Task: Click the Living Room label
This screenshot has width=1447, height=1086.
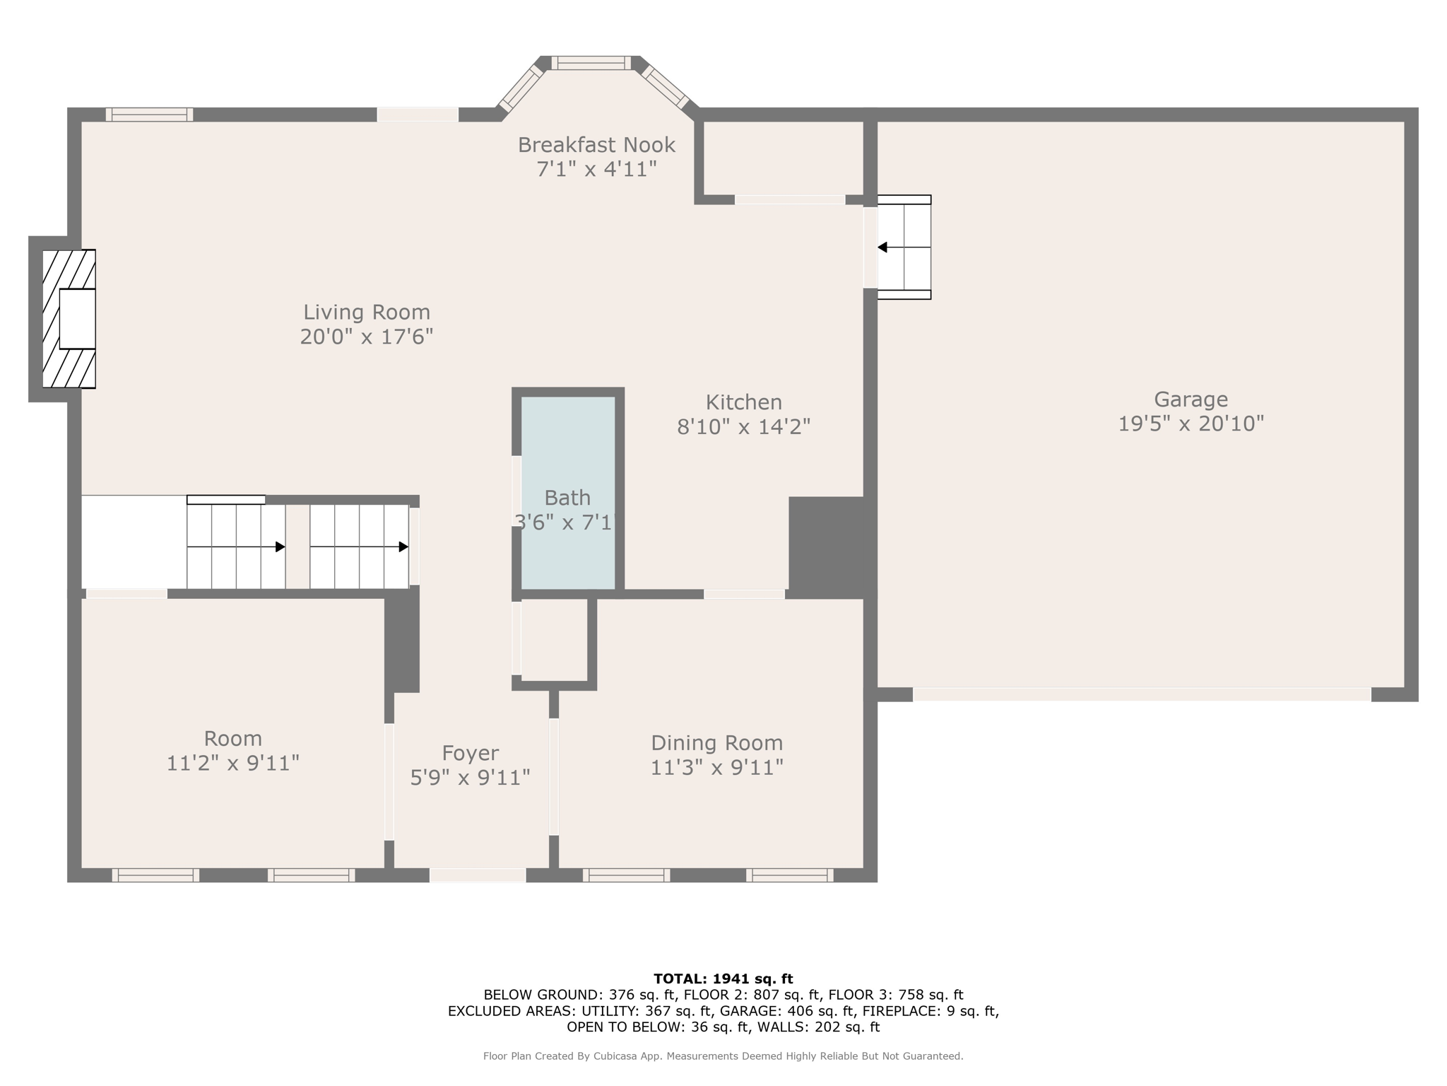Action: (x=366, y=312)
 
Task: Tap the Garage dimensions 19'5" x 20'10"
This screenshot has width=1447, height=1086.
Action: (x=1191, y=424)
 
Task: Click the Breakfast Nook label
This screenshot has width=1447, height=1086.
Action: (x=596, y=145)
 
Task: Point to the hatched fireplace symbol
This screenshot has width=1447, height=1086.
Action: (x=69, y=319)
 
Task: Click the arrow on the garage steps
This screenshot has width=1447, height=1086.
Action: (x=883, y=247)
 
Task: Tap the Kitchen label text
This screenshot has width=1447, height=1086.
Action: (x=743, y=402)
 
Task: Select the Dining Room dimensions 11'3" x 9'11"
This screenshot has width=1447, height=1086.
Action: (x=716, y=767)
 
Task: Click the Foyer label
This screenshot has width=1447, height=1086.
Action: (x=470, y=753)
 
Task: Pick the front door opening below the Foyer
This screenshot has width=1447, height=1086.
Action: (x=478, y=875)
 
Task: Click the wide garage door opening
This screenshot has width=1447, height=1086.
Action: (x=1141, y=695)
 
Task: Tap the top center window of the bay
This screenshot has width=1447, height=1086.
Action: (x=591, y=63)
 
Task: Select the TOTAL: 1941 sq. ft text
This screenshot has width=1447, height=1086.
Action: (x=723, y=979)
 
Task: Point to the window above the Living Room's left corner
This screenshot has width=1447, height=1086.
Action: (x=149, y=115)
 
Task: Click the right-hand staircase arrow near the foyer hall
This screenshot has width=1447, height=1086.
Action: (x=403, y=547)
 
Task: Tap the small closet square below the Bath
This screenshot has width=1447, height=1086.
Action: (x=554, y=640)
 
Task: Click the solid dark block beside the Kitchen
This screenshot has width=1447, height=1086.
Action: (x=827, y=546)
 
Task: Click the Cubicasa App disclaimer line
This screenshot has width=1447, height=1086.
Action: (x=723, y=1056)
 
